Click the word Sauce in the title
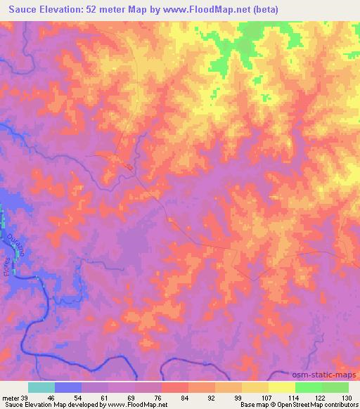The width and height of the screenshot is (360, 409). pyautogui.click(x=22, y=9)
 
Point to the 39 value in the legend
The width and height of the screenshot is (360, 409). pyautogui.click(x=26, y=397)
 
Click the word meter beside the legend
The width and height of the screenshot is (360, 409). pyautogui.click(x=10, y=397)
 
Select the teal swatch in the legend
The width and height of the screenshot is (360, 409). pyautogui.click(x=41, y=387)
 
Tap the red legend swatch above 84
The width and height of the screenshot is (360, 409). pyautogui.click(x=174, y=387)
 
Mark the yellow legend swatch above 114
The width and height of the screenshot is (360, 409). pyautogui.click(x=281, y=387)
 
